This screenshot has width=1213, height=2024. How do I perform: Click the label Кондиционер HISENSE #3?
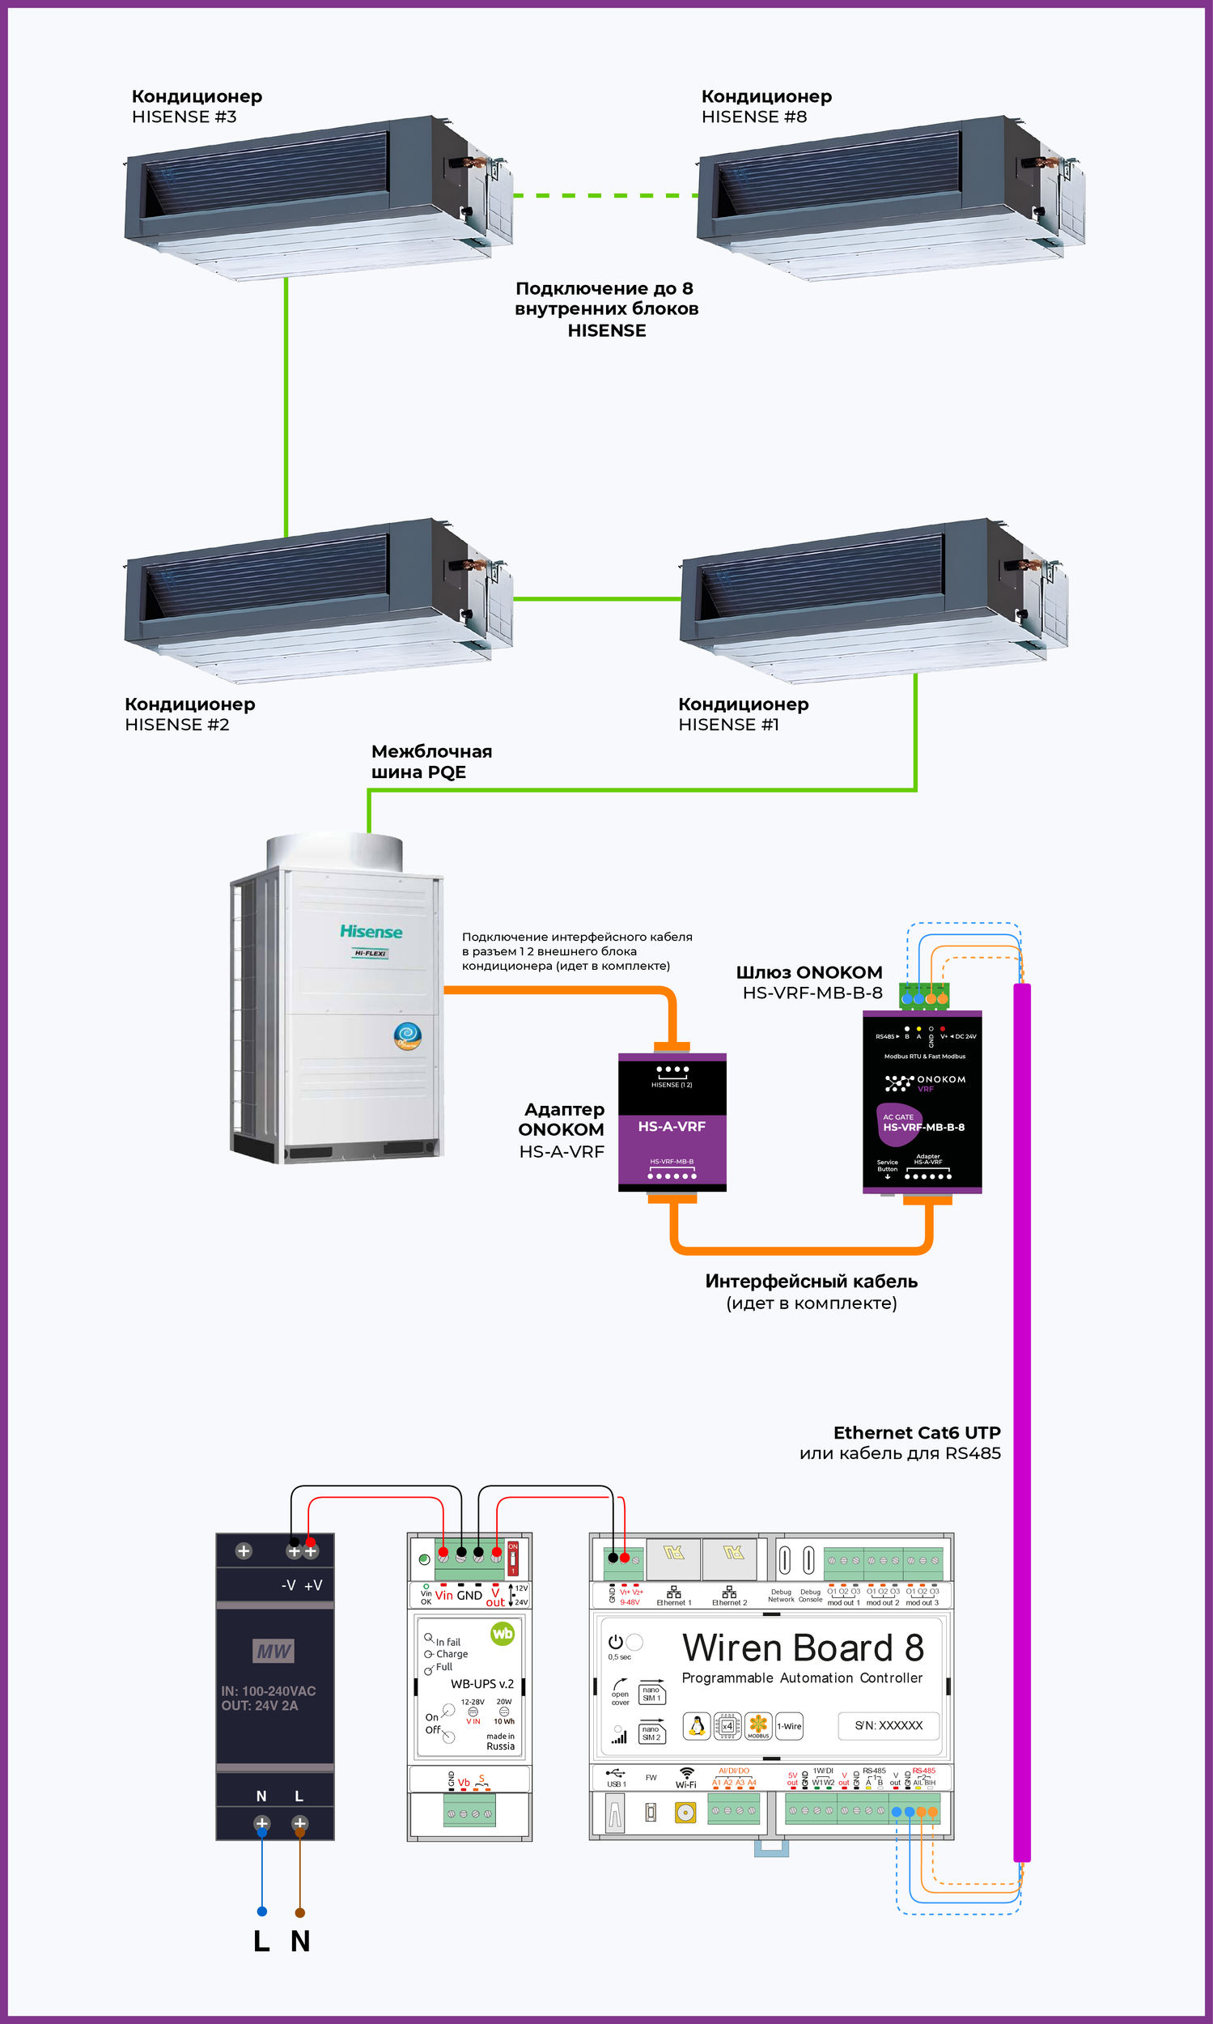pyautogui.click(x=196, y=106)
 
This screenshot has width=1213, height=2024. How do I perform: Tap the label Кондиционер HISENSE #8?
pyautogui.click(x=766, y=106)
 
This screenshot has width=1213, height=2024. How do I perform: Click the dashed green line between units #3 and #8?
pyautogui.click(x=604, y=195)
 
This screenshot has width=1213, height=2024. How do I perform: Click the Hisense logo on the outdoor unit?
pyautogui.click(x=371, y=933)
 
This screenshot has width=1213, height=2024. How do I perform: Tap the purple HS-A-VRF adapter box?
pyautogui.click(x=672, y=1122)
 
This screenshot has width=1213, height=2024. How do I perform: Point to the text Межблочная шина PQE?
pyautogui.click(x=430, y=761)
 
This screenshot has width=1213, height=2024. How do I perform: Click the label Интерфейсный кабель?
pyautogui.click(x=811, y=1282)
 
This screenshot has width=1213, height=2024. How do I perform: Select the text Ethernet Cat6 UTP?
pyautogui.click(x=916, y=1433)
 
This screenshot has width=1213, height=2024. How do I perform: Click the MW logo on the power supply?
pyautogui.click(x=273, y=1651)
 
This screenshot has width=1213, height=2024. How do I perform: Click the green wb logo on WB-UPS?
pyautogui.click(x=502, y=1634)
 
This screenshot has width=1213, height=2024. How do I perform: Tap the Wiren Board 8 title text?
pyautogui.click(x=803, y=1648)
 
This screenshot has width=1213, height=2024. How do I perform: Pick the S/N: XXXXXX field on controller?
pyautogui.click(x=889, y=1725)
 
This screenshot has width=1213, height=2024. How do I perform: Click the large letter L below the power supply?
pyautogui.click(x=261, y=1941)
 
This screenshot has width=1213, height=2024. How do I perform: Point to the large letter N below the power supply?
pyautogui.click(x=300, y=1941)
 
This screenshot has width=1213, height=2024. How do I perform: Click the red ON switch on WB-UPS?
pyautogui.click(x=513, y=1558)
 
